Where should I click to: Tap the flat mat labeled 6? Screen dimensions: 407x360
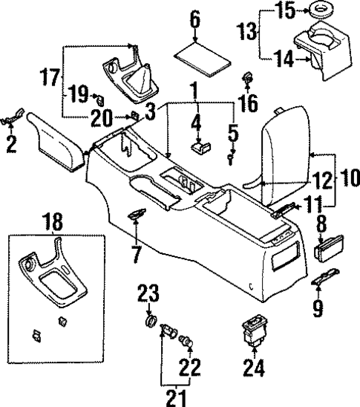(x=200, y=58)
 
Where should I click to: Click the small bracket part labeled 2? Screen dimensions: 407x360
(x=13, y=117)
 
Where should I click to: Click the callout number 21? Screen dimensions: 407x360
(x=175, y=398)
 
